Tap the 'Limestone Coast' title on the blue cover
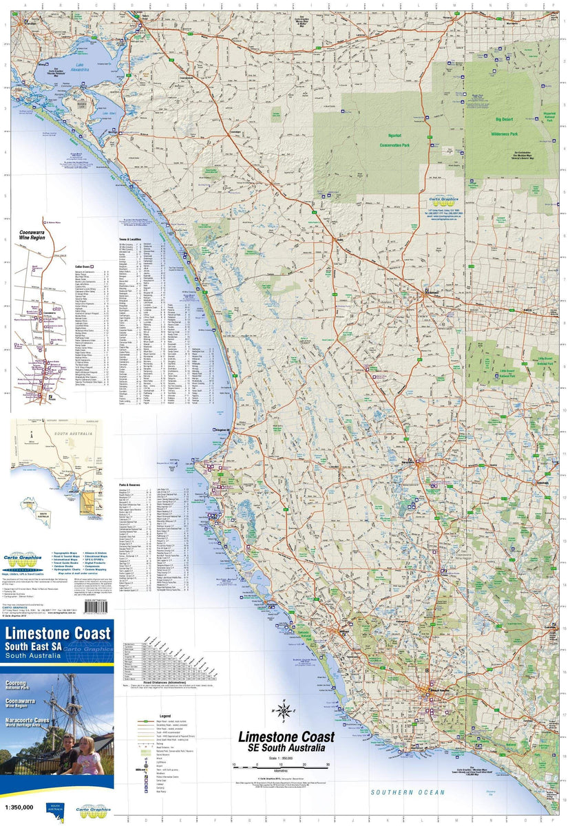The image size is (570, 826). (x=58, y=633)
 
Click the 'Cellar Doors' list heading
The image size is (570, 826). (x=87, y=265)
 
